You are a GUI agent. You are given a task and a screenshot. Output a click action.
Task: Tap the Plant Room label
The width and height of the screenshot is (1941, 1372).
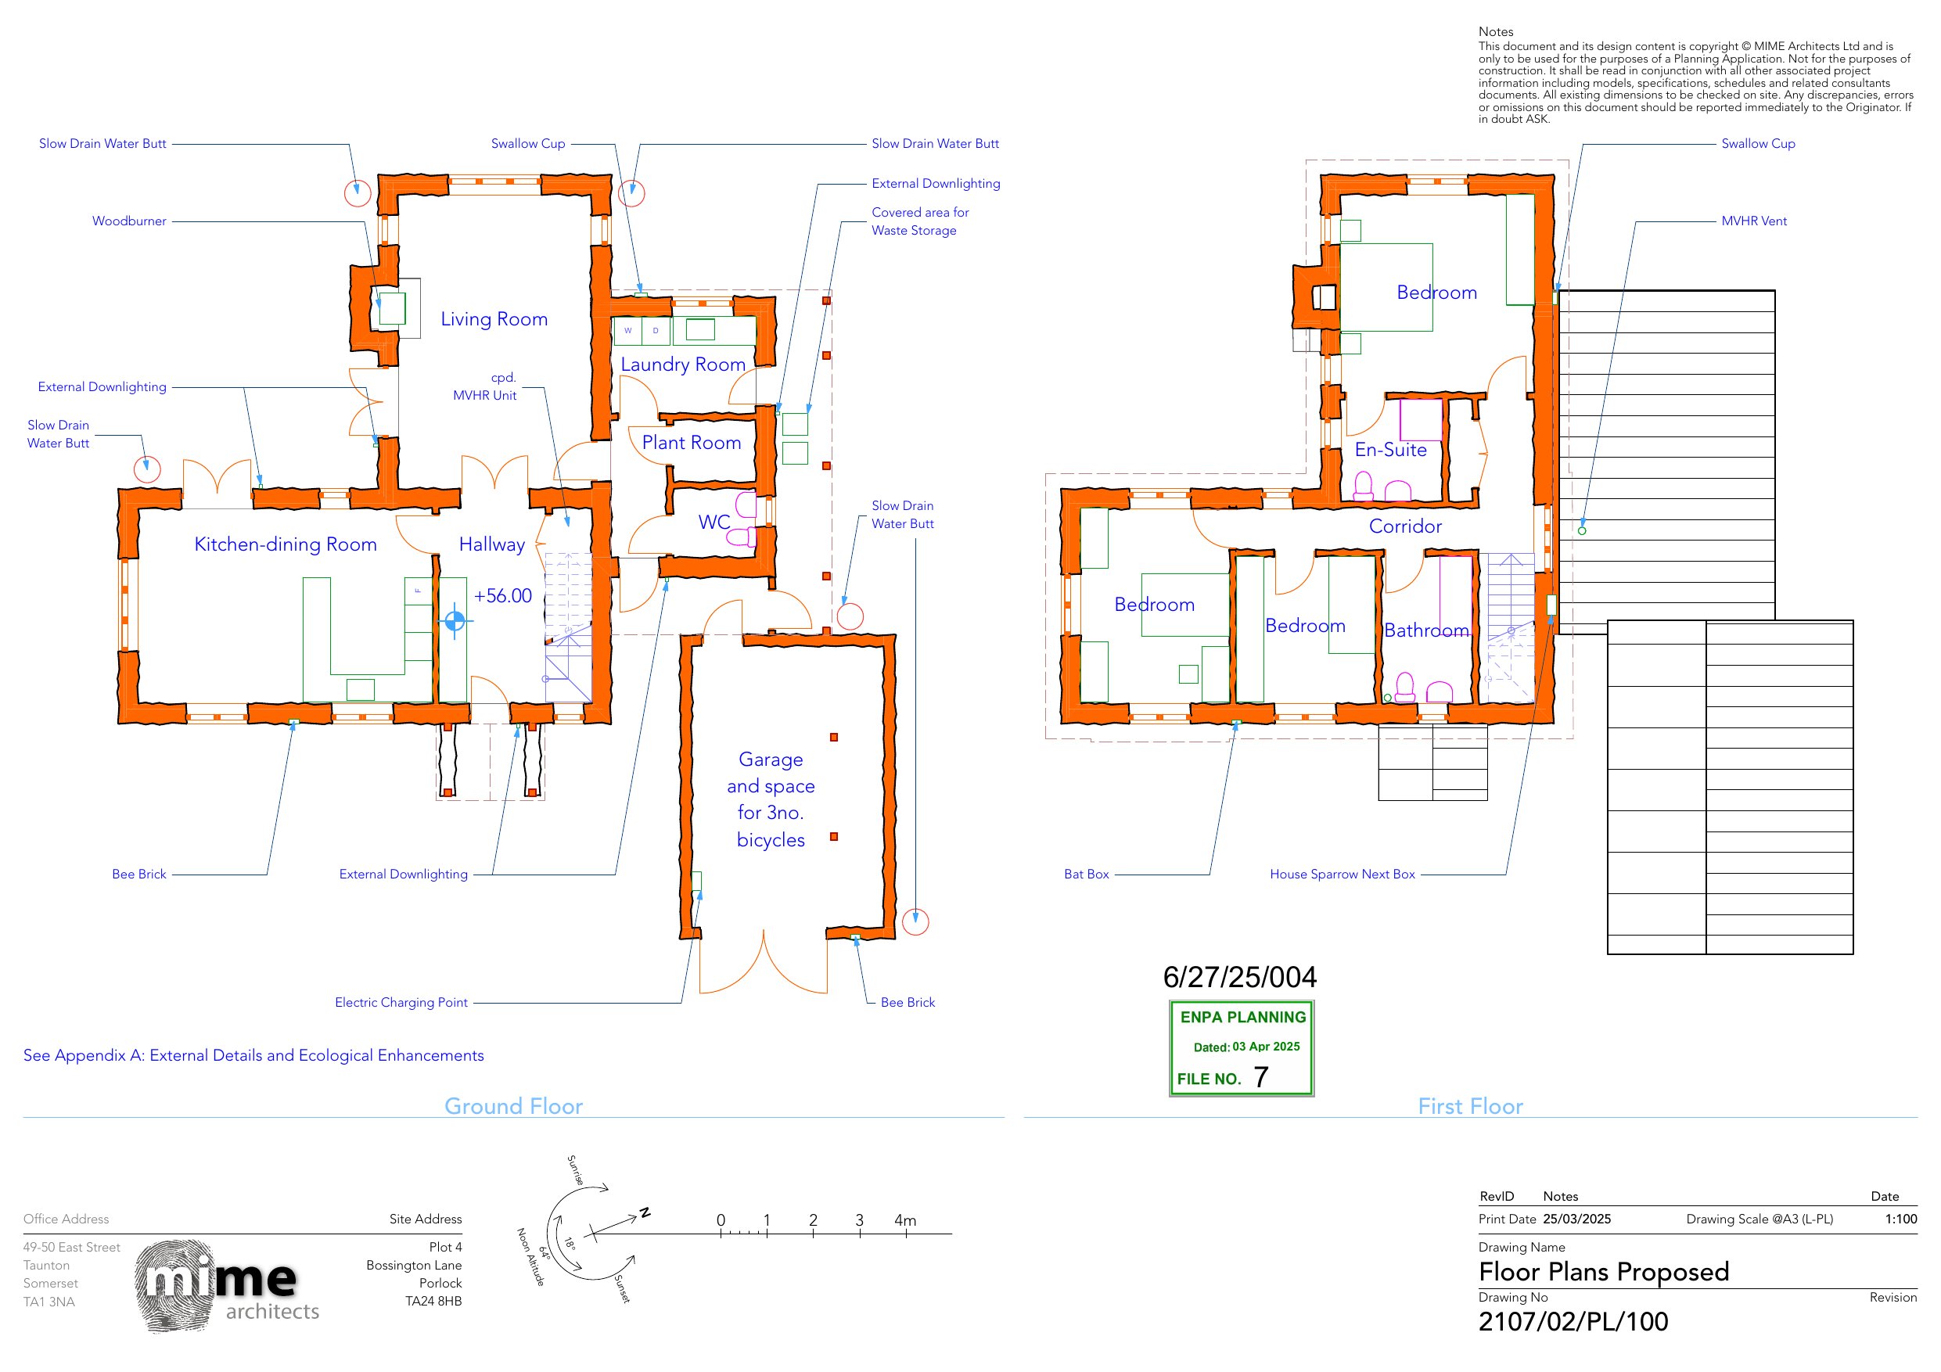point(691,442)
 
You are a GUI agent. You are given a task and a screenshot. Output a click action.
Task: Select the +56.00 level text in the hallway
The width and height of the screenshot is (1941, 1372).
point(503,596)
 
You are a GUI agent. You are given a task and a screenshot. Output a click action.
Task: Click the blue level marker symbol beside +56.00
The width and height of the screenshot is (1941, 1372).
point(455,621)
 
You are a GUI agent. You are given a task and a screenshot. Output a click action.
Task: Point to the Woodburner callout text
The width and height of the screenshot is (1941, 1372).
point(129,221)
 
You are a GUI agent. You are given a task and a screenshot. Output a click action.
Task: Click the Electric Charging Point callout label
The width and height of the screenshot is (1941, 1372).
point(401,1003)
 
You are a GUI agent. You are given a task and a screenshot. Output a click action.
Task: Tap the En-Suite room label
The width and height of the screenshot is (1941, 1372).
point(1391,450)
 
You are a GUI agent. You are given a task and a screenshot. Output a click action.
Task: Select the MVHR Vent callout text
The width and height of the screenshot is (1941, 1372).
point(1754,221)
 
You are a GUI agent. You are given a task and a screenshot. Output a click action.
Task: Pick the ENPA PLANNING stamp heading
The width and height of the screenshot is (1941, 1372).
point(1242,1017)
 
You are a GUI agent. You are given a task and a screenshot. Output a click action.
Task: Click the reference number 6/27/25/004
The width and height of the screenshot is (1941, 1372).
point(1239,977)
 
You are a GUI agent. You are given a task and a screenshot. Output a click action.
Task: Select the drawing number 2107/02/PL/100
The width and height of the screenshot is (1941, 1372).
point(1573,1322)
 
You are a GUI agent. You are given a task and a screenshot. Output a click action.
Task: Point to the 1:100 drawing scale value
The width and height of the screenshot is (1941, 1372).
point(1900,1219)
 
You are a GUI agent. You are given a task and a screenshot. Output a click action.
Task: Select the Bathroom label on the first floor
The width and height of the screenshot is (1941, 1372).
point(1426,630)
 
